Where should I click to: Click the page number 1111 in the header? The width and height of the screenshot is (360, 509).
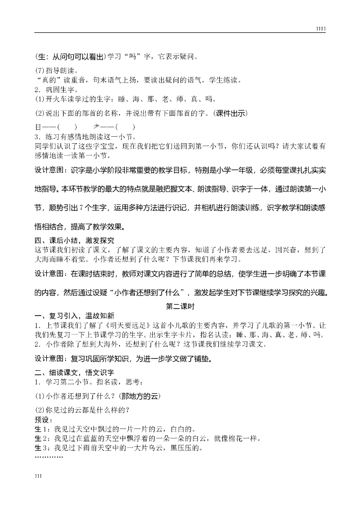click(321, 29)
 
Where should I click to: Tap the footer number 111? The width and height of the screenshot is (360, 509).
click(38, 476)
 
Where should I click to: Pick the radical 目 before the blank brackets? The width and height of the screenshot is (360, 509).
click(38, 127)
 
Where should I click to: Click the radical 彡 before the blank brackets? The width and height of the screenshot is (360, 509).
click(96, 127)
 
